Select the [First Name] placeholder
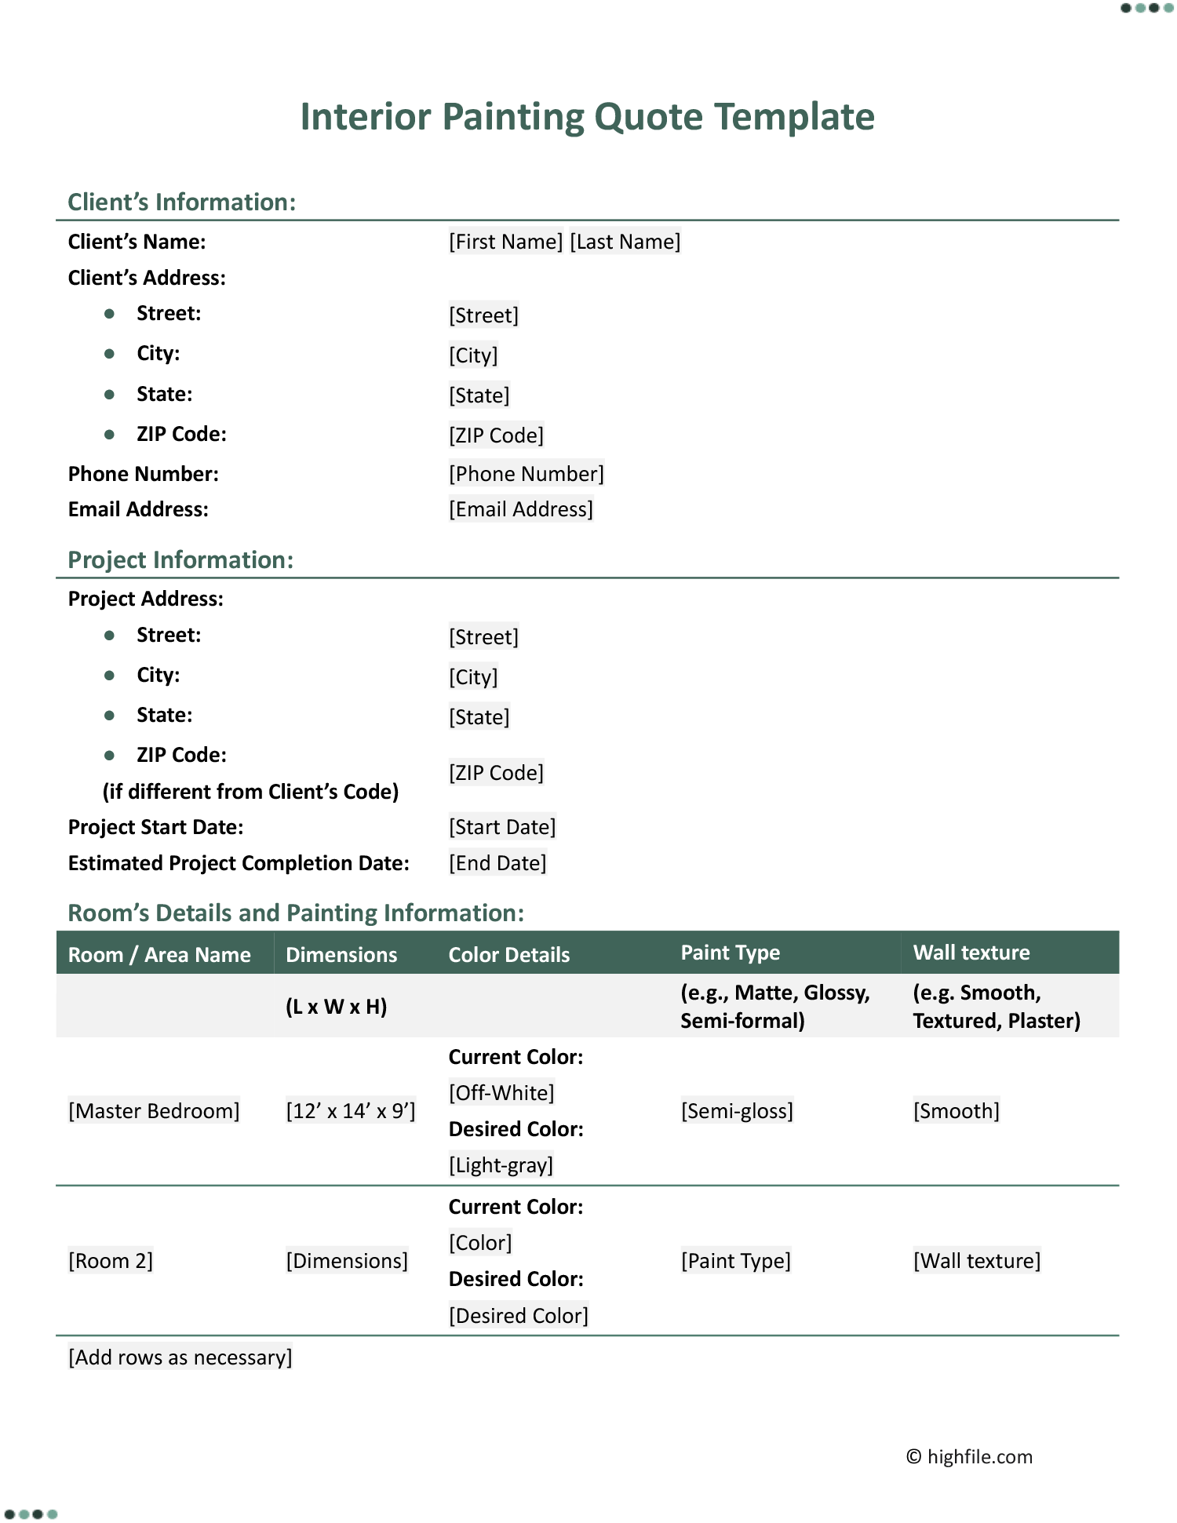click(505, 242)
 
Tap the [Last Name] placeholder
click(625, 242)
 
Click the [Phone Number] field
click(526, 474)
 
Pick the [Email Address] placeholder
click(520, 510)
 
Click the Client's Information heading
click(181, 202)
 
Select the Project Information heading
click(180, 560)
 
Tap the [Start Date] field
click(502, 827)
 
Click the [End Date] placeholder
click(497, 863)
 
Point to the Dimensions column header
click(341, 955)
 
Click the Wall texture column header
click(971, 953)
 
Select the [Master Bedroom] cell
click(154, 1111)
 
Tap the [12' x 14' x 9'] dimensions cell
click(350, 1111)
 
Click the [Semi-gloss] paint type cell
click(737, 1111)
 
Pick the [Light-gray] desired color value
click(501, 1165)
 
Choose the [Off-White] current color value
click(501, 1093)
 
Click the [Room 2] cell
click(111, 1261)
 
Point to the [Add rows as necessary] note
click(180, 1357)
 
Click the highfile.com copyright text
click(970, 1457)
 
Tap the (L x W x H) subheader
click(336, 1007)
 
